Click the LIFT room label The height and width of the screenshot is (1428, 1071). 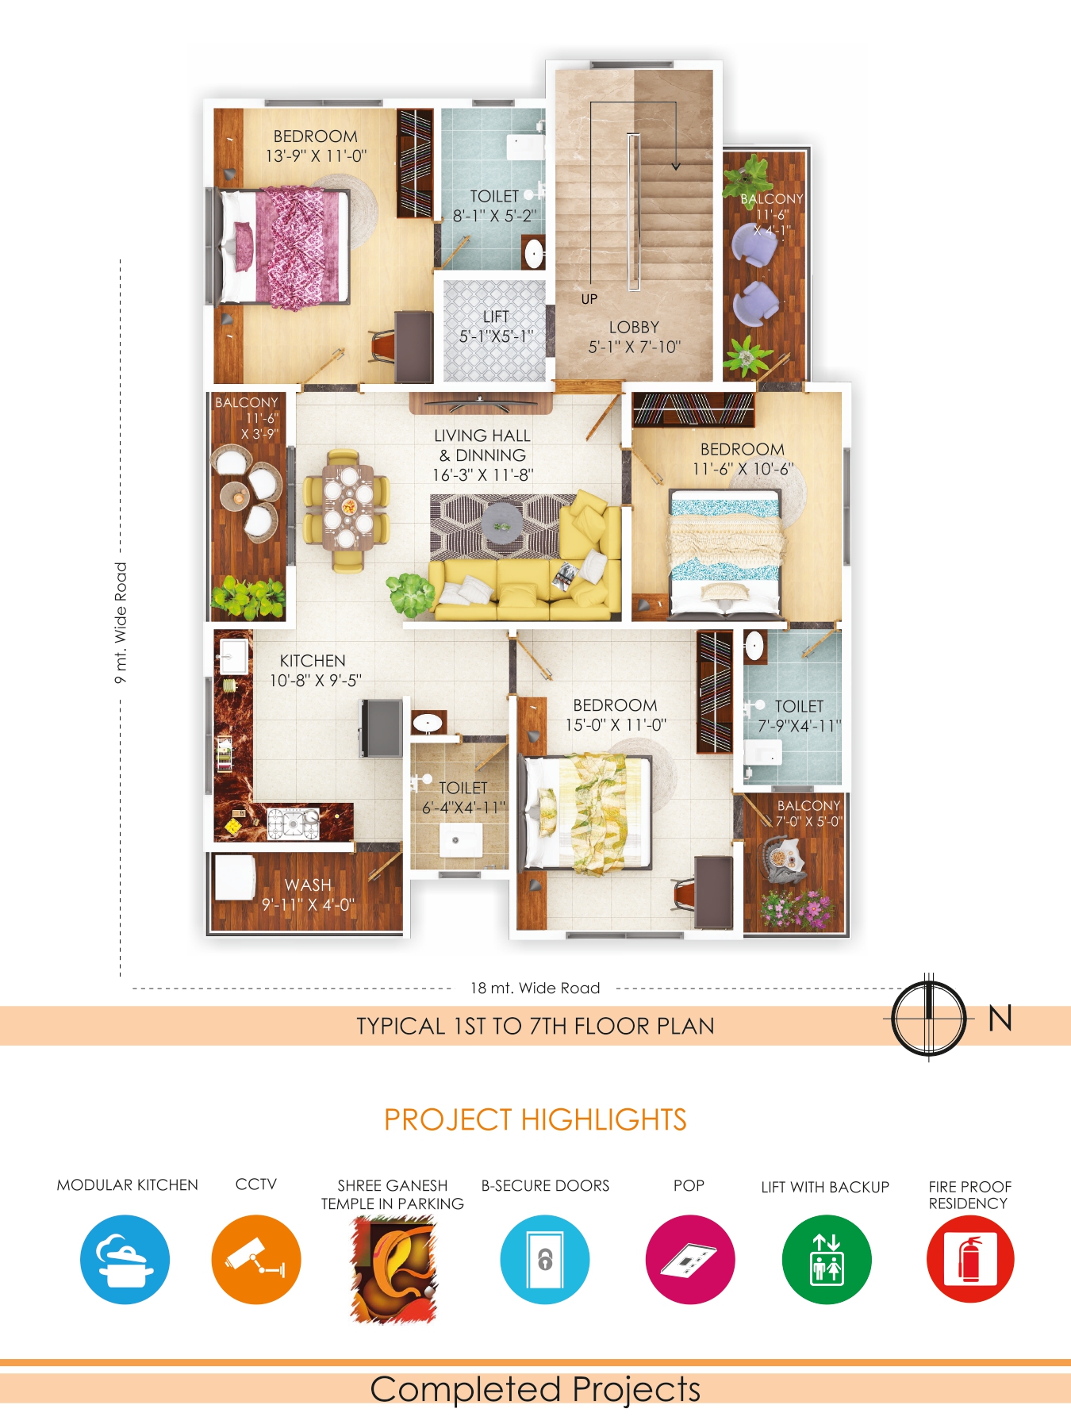click(496, 317)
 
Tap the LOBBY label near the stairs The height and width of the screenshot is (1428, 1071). click(634, 327)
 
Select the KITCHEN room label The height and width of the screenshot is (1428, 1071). click(313, 661)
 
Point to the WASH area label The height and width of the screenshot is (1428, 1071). click(308, 885)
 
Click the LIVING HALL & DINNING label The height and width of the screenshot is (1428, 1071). click(482, 445)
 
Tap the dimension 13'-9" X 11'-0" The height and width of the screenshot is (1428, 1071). click(316, 156)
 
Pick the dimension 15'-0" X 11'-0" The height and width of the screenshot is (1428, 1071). click(616, 725)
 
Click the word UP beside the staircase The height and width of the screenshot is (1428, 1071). click(589, 299)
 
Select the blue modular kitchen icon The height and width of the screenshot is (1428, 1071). click(125, 1260)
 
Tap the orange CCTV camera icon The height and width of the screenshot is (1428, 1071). click(256, 1260)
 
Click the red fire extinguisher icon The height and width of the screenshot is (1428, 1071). click(970, 1260)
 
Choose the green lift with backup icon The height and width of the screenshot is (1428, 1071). click(827, 1260)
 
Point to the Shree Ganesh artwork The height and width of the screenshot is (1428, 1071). click(393, 1269)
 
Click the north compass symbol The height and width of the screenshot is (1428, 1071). click(929, 1019)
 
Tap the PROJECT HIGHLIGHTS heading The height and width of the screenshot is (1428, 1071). click(535, 1119)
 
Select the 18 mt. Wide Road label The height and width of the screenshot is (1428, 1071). click(535, 988)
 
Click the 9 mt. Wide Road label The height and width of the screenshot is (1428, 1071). click(121, 623)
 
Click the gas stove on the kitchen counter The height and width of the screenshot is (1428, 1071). click(293, 823)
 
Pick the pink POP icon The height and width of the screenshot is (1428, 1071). click(690, 1260)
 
